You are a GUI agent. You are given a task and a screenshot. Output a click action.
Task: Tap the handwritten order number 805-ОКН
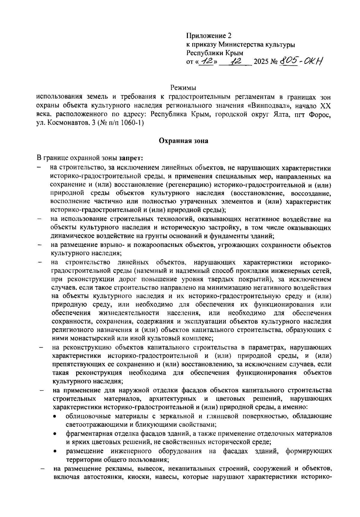301,61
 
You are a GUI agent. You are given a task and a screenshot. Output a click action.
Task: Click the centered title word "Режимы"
183,88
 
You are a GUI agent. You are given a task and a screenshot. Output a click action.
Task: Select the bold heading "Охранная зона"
183,141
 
